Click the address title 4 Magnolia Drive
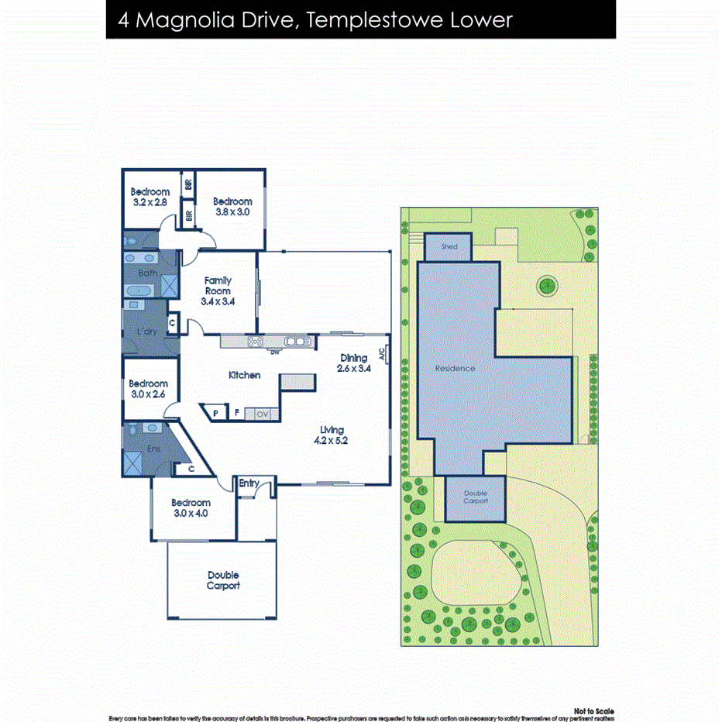[x=315, y=19]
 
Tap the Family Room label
[x=218, y=291]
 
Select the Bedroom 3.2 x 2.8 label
[x=150, y=197]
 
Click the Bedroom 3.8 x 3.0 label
[x=233, y=206]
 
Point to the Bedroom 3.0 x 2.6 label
[x=148, y=389]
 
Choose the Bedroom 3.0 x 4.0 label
[x=191, y=507]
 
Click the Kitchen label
[x=244, y=375]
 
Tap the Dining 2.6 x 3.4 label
[x=353, y=363]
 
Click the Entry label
[x=249, y=483]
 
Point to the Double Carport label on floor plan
[x=223, y=580]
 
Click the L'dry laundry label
[x=147, y=332]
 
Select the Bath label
[x=148, y=273]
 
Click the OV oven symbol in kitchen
[x=262, y=414]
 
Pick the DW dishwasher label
[x=273, y=353]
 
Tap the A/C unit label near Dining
[x=382, y=352]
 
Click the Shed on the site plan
[x=449, y=247]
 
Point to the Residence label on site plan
[x=455, y=368]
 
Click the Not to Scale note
[x=594, y=710]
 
